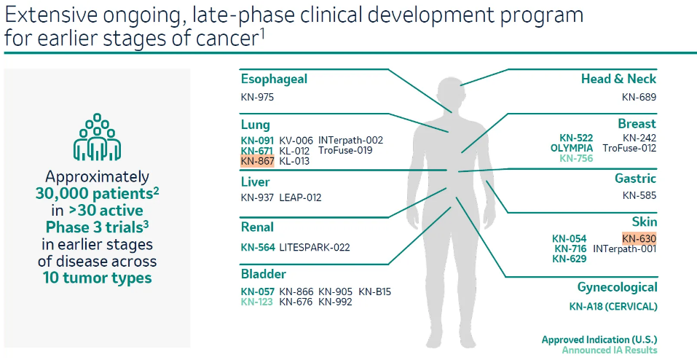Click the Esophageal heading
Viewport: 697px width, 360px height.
[x=274, y=79]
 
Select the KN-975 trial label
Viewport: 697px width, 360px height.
[x=257, y=97]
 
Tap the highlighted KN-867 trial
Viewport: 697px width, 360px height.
[x=257, y=161]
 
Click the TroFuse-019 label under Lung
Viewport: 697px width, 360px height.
[x=345, y=150]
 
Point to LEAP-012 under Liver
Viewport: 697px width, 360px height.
[x=300, y=197]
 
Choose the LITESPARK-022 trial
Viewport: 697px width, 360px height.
[x=315, y=248]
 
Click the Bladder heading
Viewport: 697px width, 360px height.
[x=264, y=273]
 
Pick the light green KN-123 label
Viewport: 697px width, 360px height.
[x=257, y=302]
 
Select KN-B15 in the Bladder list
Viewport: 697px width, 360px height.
[x=375, y=292]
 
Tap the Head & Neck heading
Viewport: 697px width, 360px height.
[x=618, y=79]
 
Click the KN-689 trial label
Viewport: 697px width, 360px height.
[x=639, y=97]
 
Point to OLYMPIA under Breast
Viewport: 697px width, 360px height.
[x=571, y=148]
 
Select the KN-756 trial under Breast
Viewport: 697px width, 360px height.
[x=576, y=158]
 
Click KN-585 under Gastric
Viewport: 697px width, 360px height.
[x=639, y=195]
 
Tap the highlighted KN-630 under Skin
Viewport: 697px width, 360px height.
[x=639, y=238]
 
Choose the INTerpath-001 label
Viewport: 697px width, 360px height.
[x=625, y=249]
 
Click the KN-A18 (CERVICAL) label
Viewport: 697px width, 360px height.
[x=613, y=307]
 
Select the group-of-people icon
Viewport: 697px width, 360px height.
[x=97, y=136]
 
